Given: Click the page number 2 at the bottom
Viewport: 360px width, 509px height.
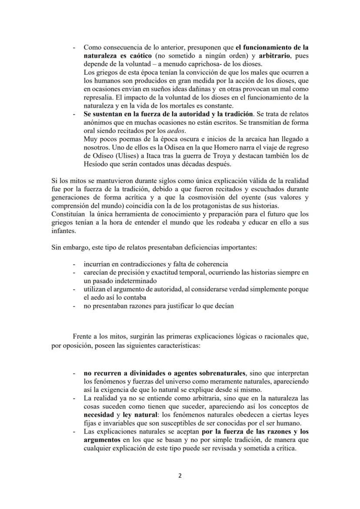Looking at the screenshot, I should coord(180,476).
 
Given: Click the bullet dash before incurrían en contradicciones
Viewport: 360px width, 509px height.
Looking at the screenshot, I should coord(74,264).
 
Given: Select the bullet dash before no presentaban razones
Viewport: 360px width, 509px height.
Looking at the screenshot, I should coord(74,306).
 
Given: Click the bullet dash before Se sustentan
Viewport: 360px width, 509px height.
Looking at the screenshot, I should coord(74,114).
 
